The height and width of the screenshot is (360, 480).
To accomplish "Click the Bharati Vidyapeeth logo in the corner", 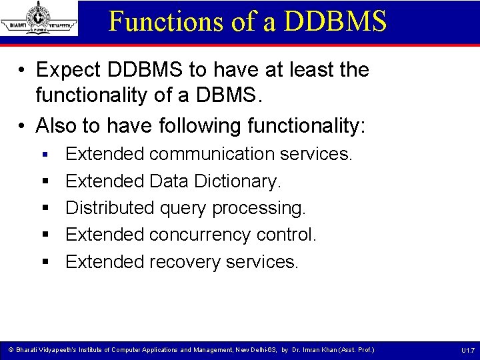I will pos(39,18).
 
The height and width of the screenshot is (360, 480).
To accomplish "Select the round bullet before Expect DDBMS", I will pos(23,71).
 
